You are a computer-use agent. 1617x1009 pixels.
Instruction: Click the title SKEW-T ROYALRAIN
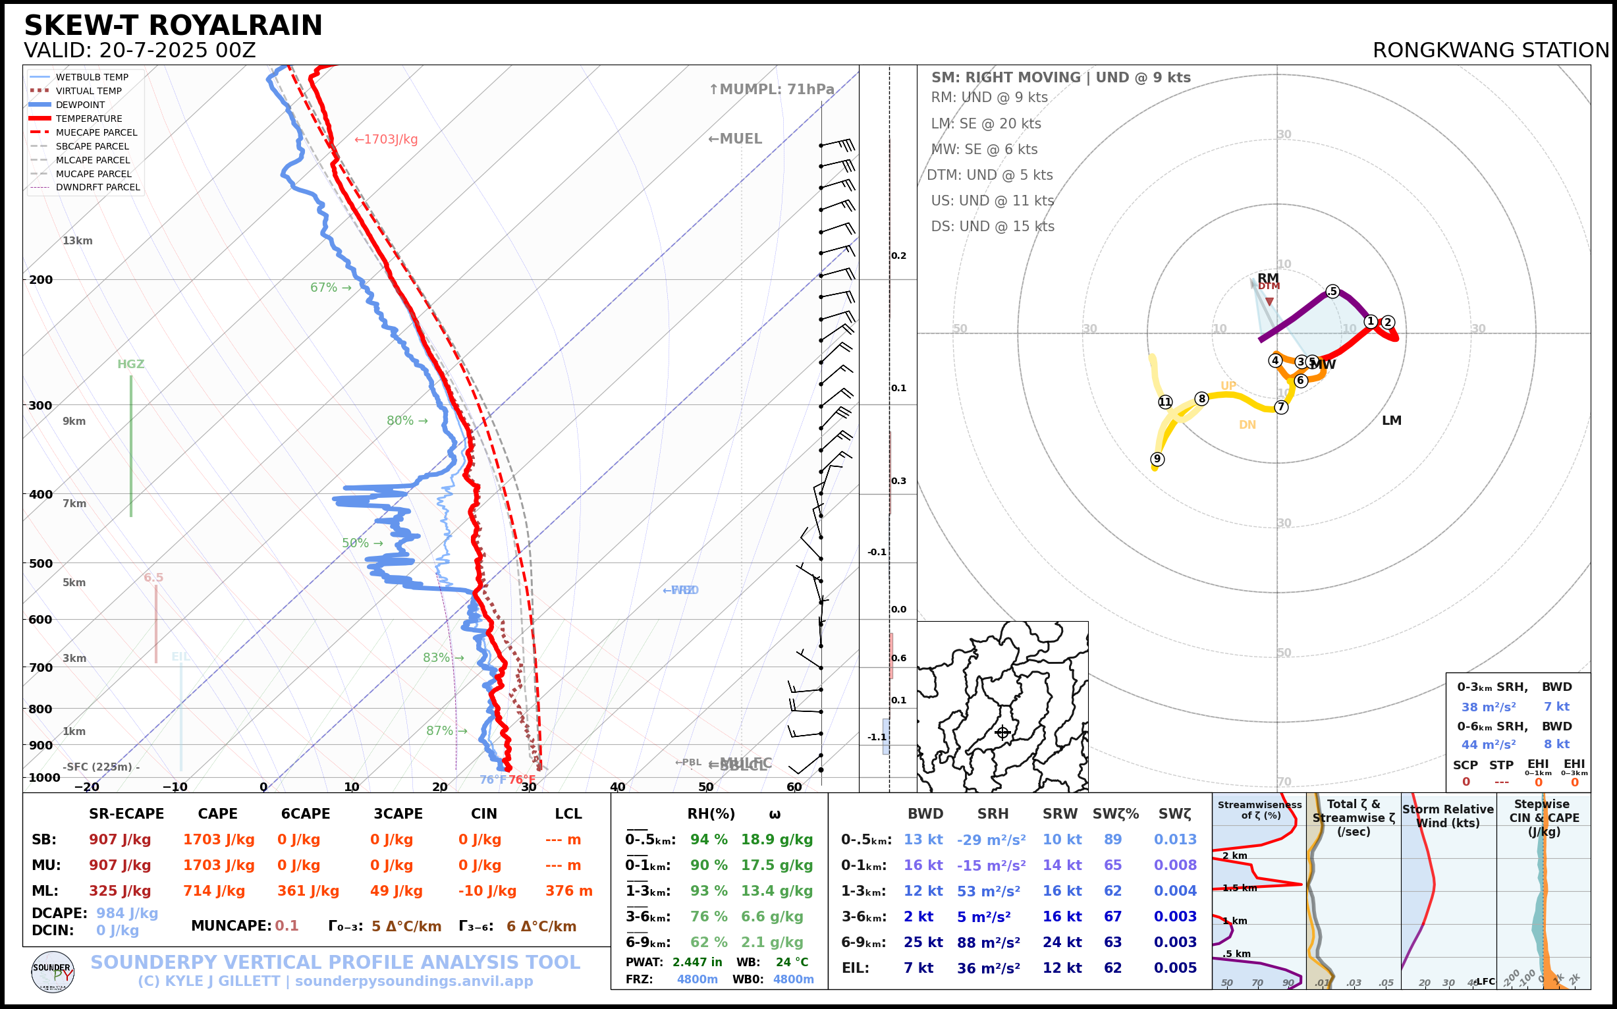point(173,26)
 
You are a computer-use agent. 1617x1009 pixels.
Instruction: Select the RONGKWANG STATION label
point(1490,51)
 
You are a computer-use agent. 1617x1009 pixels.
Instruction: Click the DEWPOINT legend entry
point(80,105)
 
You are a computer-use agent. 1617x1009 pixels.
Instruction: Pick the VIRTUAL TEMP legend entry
point(88,91)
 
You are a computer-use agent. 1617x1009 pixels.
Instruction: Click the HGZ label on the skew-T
point(131,364)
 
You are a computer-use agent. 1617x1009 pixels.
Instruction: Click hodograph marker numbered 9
point(1157,459)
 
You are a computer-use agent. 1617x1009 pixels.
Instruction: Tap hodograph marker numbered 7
point(1280,407)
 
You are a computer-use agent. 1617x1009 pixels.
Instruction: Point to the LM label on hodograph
point(1392,420)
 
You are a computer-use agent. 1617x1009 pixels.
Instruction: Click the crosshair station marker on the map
point(1002,733)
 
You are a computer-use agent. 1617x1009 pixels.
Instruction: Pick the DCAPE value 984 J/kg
point(127,913)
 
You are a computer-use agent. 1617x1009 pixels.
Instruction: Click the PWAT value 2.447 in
point(697,962)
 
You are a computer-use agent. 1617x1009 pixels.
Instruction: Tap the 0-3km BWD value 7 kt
point(1556,707)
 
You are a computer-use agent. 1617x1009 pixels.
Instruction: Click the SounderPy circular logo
point(53,971)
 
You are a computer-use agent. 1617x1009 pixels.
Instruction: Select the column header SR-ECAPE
point(126,814)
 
